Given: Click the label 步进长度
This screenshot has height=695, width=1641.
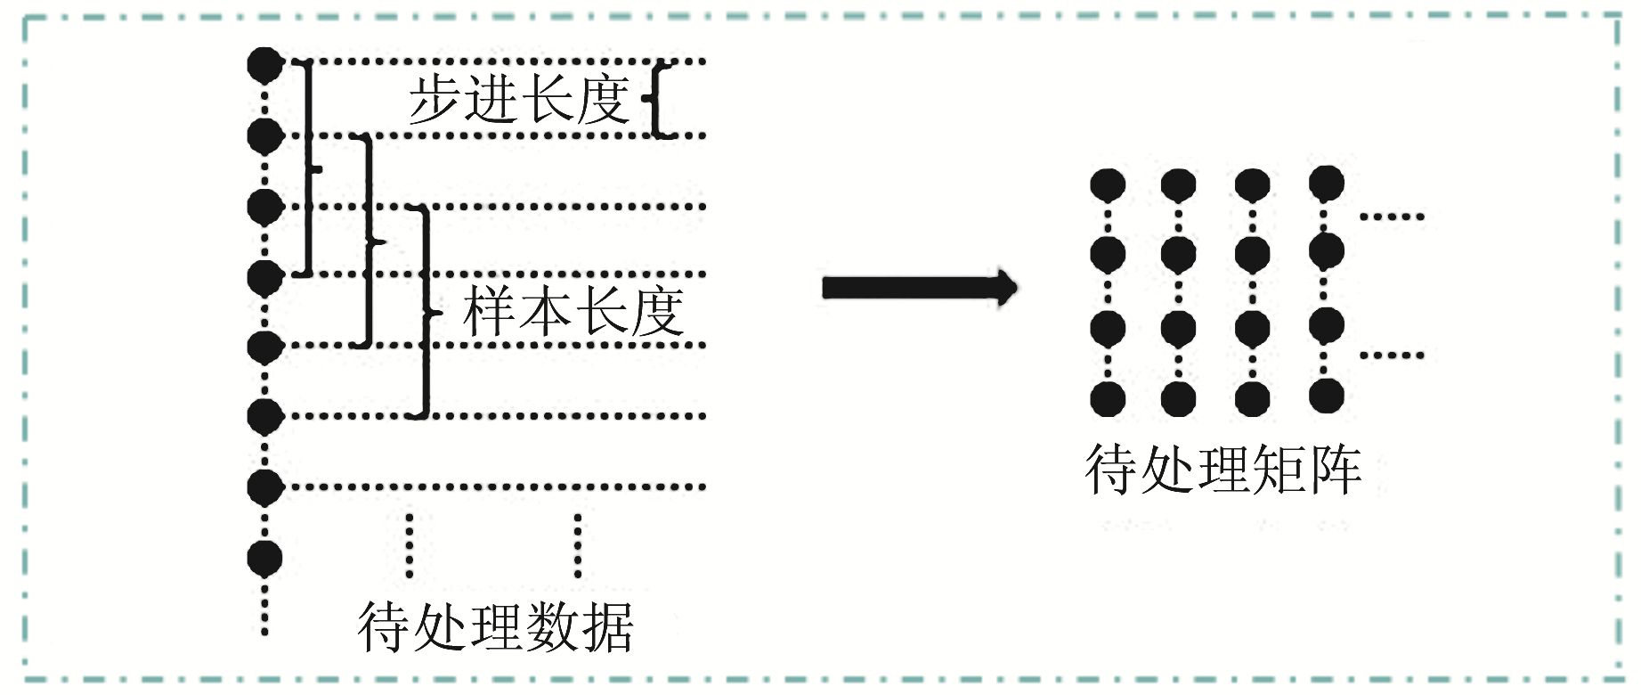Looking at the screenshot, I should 519,99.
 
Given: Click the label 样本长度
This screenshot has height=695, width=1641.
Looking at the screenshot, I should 573,312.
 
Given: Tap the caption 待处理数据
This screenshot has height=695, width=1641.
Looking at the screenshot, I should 495,627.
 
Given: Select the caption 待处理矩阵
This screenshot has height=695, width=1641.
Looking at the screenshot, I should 1223,470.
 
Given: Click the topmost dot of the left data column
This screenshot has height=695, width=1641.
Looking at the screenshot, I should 264,64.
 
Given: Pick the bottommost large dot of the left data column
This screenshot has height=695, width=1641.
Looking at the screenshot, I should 264,558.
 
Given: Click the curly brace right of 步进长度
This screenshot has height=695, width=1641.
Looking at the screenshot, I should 657,99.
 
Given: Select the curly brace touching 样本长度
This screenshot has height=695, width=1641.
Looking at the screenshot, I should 426,312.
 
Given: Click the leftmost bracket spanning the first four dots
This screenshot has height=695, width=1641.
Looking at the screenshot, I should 308,168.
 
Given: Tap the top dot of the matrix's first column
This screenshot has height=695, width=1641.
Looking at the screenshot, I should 1108,185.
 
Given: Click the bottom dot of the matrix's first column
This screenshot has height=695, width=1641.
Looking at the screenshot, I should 1108,398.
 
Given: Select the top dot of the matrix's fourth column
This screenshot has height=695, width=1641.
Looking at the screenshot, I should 1326,183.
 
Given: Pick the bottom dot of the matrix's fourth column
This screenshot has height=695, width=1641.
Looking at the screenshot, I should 1326,396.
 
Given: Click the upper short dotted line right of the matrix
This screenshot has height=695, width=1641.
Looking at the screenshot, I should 1392,217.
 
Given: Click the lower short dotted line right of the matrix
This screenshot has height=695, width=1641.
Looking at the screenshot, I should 1392,356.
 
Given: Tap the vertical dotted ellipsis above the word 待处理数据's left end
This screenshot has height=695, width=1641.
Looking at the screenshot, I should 410,545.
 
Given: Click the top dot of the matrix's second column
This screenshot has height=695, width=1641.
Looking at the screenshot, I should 1178,185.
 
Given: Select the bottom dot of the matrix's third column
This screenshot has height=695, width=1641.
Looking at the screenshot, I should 1252,398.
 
